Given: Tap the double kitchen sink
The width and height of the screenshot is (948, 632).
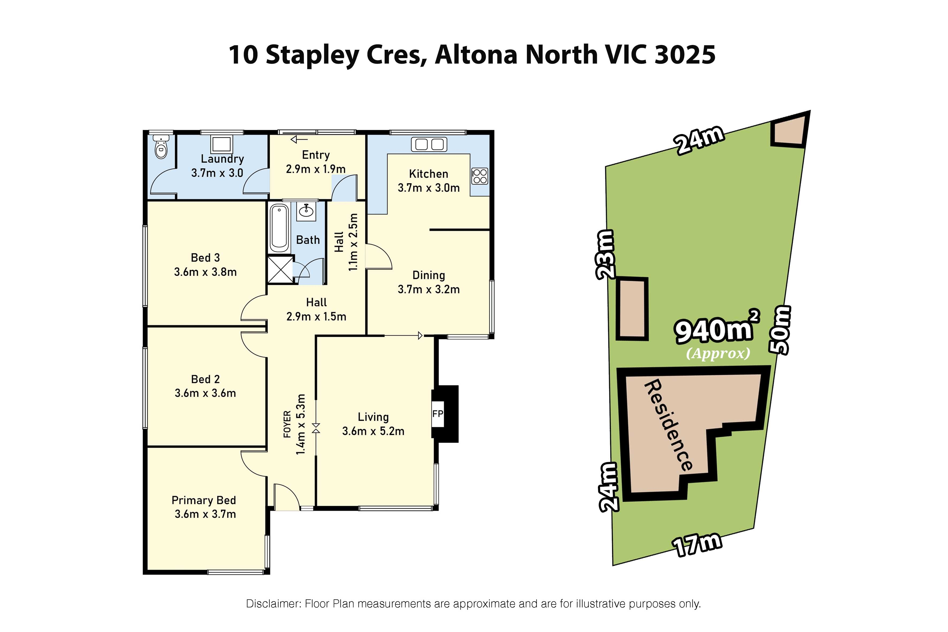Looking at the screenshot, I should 429,144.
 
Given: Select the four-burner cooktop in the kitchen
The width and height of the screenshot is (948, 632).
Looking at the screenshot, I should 480,176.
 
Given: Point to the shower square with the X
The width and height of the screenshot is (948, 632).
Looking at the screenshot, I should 280,269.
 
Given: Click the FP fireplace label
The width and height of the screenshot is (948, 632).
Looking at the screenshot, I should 438,414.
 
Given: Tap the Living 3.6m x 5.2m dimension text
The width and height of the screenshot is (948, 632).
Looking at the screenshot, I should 373,431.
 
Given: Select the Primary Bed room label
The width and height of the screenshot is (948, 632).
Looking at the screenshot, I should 204,500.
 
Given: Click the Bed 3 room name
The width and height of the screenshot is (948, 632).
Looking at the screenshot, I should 205,258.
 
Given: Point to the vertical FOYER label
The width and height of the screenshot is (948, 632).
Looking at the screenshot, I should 287,424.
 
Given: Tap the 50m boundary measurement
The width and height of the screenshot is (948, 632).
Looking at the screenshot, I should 781,330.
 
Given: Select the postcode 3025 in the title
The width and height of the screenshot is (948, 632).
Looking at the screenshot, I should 685,55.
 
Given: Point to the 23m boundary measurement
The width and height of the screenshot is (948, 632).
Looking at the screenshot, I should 606,255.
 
